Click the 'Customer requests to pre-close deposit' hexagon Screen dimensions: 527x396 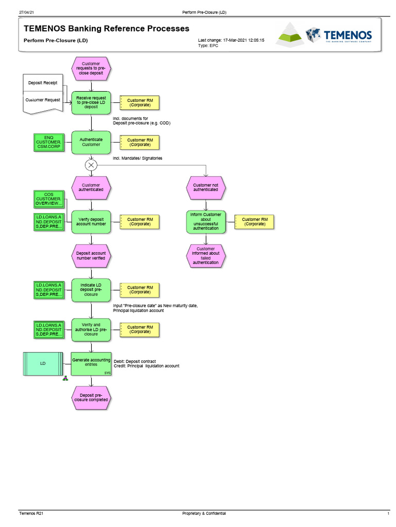point(91,68)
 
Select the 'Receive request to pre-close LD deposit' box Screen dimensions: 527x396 point(91,102)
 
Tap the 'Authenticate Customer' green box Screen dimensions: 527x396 point(91,142)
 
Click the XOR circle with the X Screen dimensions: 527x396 point(91,165)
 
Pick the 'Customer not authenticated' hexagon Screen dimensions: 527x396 point(206,187)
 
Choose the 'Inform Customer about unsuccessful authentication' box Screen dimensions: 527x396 point(206,221)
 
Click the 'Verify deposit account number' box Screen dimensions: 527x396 point(91,221)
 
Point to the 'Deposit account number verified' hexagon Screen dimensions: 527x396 point(91,256)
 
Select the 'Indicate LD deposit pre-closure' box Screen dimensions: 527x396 point(91,290)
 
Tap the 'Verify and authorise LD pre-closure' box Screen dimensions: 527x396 point(91,329)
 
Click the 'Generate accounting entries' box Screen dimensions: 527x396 point(91,363)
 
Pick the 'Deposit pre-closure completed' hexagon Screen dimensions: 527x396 point(91,398)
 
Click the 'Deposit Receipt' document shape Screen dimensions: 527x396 point(43,82)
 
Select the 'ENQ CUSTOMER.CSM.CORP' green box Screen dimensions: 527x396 point(48,142)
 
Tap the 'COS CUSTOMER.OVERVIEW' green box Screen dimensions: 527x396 point(48,199)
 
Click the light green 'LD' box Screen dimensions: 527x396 point(43,364)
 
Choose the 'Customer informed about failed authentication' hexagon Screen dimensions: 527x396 point(206,256)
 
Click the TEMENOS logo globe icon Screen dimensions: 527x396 point(313,35)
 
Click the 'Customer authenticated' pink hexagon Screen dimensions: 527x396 point(91,187)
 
